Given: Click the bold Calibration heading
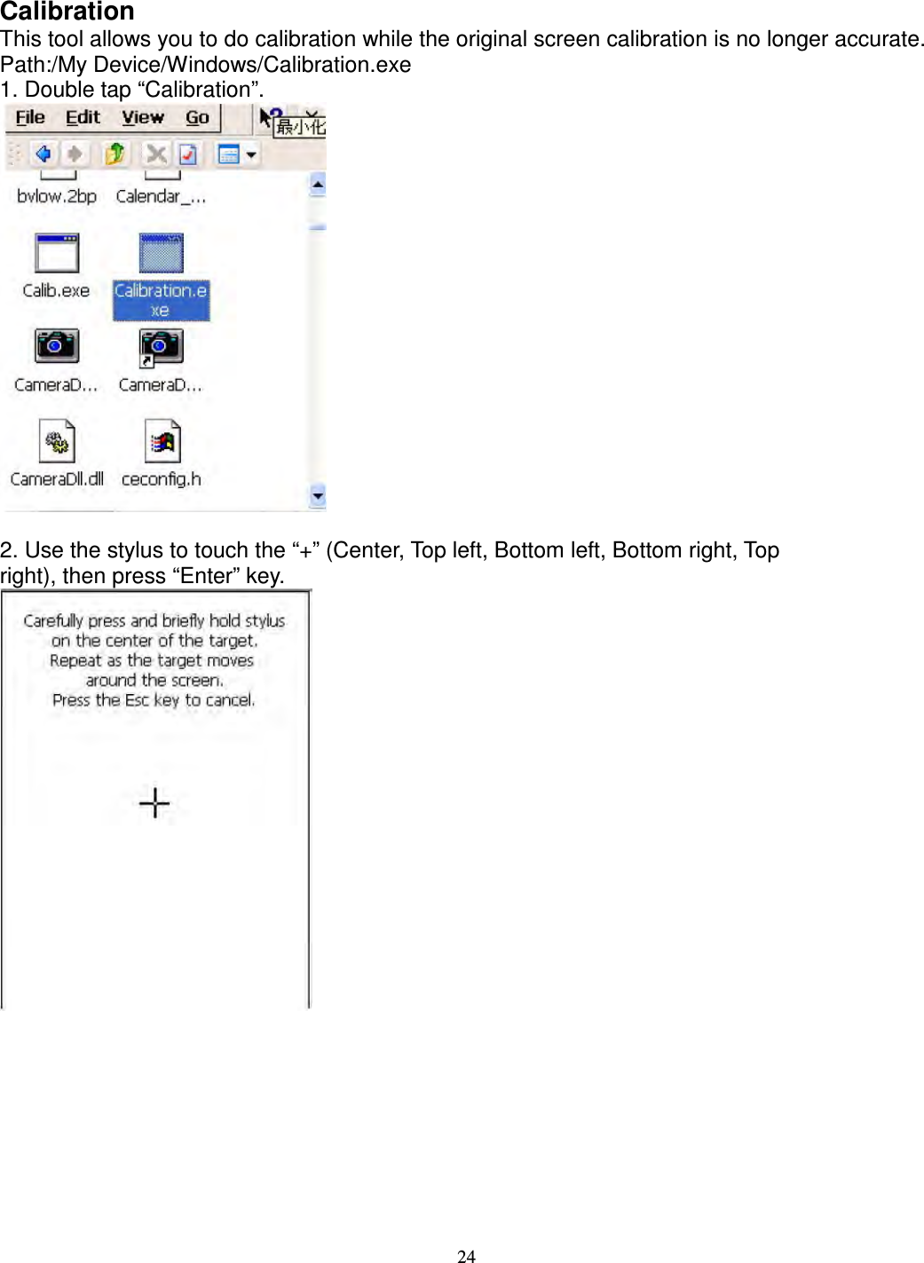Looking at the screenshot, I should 67,12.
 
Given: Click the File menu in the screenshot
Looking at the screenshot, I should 30,118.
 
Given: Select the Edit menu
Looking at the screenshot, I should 83,118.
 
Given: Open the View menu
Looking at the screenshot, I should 143,118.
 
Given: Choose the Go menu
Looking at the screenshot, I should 197,118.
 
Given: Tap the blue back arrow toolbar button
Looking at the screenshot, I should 43,154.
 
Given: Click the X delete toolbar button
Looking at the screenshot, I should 156,154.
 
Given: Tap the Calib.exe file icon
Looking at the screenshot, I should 57,254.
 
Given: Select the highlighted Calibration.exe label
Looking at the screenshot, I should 161,300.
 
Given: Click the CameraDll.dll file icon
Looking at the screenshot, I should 57,441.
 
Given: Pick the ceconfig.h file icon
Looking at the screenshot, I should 162,441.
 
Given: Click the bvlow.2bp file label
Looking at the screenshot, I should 57,196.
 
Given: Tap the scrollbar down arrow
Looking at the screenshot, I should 317,495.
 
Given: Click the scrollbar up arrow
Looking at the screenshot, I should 317,185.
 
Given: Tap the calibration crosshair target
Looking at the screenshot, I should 154,803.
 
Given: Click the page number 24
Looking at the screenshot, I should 466,1255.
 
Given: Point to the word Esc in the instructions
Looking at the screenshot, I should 137,700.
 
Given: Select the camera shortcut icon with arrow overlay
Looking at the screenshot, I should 161,347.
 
